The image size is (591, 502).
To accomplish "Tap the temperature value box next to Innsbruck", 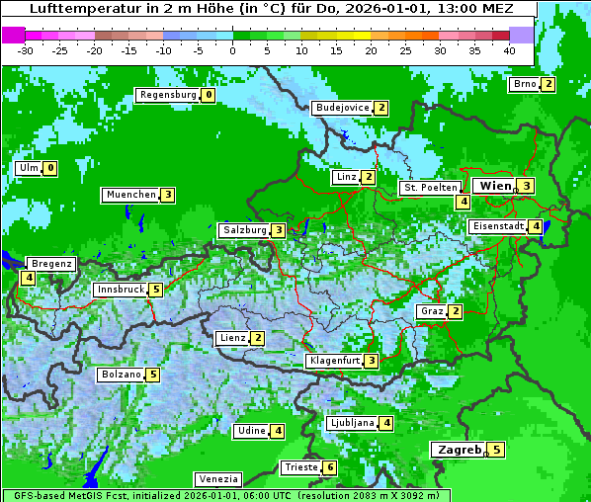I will coord(155,290).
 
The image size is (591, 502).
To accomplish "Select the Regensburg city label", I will coord(167,95).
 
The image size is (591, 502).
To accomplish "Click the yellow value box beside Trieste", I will coord(330,467).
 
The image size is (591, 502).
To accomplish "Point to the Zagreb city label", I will coord(457,450).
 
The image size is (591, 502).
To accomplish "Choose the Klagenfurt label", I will coord(333,361).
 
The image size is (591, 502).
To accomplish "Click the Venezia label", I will coord(216,478).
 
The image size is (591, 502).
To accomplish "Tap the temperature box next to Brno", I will coord(548,84).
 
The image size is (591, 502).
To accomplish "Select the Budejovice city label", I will coord(342,108).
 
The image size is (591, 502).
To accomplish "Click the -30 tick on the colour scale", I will coord(26,50).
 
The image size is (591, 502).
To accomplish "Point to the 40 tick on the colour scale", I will coord(509,50).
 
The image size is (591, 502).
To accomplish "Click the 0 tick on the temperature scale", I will coord(233,50).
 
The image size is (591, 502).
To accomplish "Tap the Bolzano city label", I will coord(121,375).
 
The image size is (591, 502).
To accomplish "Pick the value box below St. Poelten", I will coord(463,202).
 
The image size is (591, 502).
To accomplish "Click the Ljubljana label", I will coord(351,423).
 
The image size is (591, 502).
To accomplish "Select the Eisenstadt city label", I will coord(497,226).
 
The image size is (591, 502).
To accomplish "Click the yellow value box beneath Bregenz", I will coord(28,279).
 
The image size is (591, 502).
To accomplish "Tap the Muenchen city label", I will coord(130,195).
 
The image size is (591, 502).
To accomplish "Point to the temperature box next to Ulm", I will coord(50,168).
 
